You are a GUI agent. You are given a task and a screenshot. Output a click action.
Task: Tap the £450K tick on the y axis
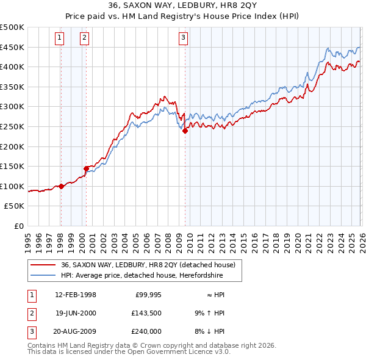click(12, 48)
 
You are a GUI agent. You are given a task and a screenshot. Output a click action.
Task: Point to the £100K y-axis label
click(12, 186)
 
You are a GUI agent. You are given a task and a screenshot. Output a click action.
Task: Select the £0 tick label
click(18, 226)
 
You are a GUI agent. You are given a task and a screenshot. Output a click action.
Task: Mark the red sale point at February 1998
click(61, 187)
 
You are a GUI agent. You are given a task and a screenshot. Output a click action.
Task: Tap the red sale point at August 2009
click(185, 131)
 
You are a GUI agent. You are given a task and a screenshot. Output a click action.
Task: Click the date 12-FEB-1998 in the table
click(76, 295)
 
